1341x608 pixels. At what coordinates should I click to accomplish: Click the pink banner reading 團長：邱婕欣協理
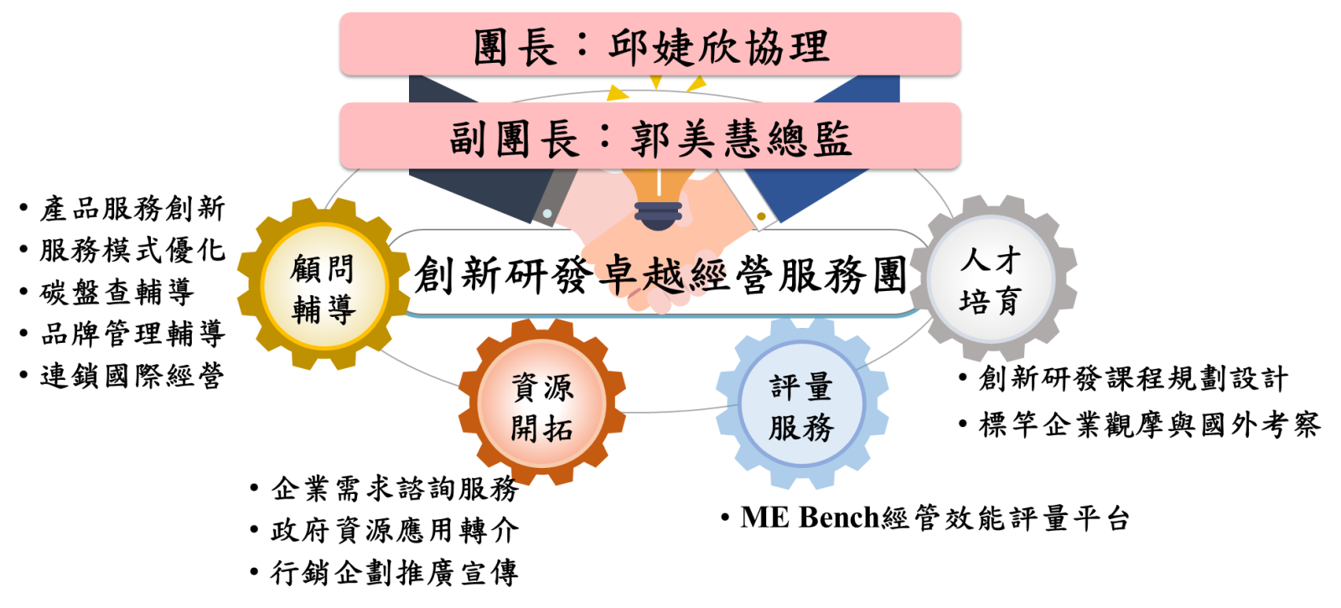point(650,45)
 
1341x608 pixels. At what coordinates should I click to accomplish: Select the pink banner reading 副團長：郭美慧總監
point(650,137)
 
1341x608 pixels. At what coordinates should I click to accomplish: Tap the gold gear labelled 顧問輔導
point(323,288)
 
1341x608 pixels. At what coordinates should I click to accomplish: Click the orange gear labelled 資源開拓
point(542,407)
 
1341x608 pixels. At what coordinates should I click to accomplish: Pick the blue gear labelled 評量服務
point(800,407)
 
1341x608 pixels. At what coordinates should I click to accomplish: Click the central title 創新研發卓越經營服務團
point(660,274)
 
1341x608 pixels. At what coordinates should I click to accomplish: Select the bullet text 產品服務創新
point(132,208)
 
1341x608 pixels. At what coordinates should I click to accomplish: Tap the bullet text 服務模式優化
point(132,250)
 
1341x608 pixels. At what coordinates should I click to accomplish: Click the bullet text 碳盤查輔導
point(116,292)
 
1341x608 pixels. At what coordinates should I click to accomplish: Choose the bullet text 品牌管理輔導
point(132,334)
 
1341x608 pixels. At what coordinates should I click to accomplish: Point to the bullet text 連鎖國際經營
point(132,376)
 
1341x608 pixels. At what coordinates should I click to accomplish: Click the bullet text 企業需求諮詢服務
point(394,488)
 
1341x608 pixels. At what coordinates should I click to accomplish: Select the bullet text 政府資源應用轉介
point(394,530)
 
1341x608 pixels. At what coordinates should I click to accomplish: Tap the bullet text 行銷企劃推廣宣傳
point(394,573)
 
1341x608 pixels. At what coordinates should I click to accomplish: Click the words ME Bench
point(809,517)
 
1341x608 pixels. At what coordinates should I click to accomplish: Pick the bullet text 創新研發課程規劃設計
point(1132,378)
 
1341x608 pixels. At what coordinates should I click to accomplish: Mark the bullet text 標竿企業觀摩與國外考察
point(1149,424)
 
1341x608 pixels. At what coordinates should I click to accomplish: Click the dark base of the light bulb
point(658,216)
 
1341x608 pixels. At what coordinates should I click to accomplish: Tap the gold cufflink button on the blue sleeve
point(761,216)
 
